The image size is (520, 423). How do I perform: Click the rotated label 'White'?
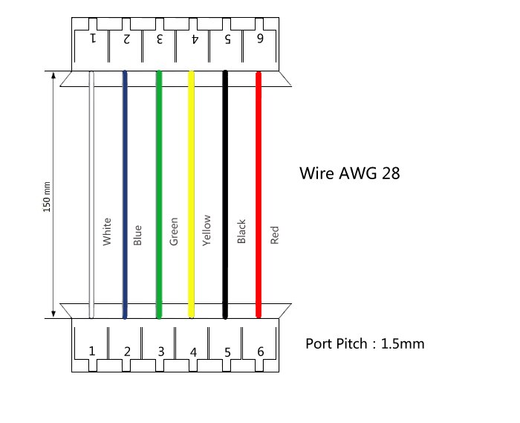coord(106,231)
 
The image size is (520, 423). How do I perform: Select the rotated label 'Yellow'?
coord(207,230)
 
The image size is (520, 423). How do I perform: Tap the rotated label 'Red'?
coord(274,236)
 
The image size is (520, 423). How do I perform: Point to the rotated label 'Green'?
coord(174,231)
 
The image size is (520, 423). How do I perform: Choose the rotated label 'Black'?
coord(241,231)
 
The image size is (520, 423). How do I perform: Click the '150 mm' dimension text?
coord(47,196)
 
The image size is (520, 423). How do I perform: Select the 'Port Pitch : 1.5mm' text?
coord(365,344)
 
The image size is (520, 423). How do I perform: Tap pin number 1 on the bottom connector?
coord(92,351)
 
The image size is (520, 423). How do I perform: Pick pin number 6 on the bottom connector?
coord(260,351)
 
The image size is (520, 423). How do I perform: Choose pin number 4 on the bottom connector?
coord(193,351)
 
